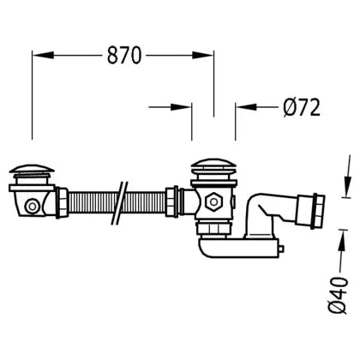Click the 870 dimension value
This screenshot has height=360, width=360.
tap(124, 55)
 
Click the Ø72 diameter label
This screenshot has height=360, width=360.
tap(302, 107)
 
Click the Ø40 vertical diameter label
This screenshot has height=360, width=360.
tap(338, 295)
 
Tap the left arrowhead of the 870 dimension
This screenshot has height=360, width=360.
tap(43, 55)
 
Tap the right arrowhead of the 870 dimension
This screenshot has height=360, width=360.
tap(203, 55)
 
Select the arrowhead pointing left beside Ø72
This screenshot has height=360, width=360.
tap(246, 107)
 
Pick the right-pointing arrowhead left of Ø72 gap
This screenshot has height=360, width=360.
tap(181, 107)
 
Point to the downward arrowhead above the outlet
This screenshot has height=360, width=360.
tap(348, 186)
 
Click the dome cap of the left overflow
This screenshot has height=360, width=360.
tap(32, 169)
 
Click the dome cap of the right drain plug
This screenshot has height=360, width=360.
tap(213, 164)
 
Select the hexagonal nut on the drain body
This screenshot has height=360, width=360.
tap(213, 201)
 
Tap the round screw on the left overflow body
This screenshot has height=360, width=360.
tap(33, 207)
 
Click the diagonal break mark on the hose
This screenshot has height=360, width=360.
tap(119, 203)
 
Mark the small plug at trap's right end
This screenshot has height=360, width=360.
tap(281, 249)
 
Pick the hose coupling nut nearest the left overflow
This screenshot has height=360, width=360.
tap(62, 203)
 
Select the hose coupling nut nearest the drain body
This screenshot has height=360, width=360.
tap(172, 201)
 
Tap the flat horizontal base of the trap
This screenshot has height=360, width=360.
tap(238, 248)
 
